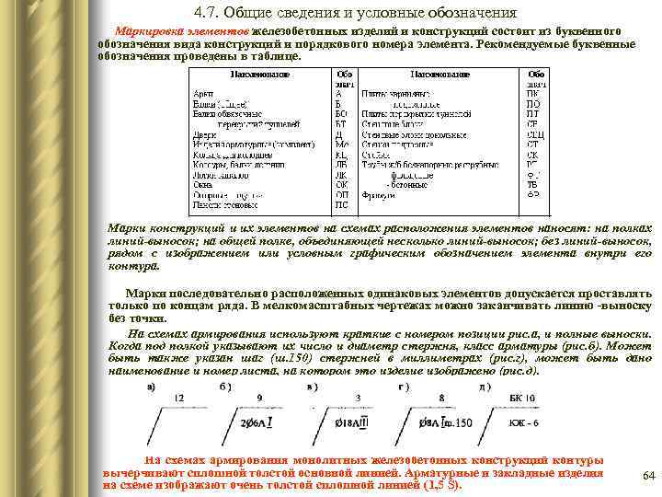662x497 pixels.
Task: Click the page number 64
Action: (x=646, y=475)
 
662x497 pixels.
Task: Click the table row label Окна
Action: (x=200, y=184)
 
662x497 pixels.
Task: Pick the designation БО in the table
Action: (x=342, y=113)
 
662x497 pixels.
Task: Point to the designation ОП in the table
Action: (x=342, y=194)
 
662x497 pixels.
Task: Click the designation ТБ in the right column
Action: (x=532, y=184)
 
